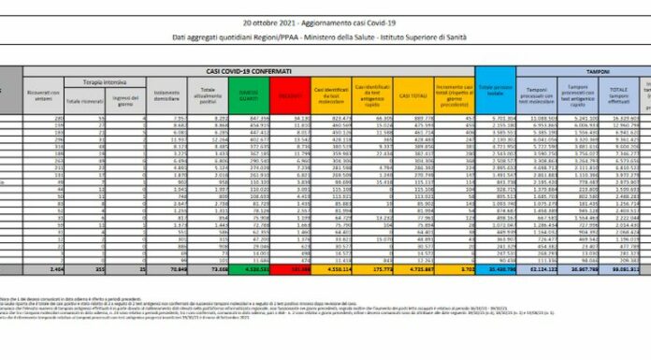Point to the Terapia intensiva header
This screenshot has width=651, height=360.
[x=99, y=82]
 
